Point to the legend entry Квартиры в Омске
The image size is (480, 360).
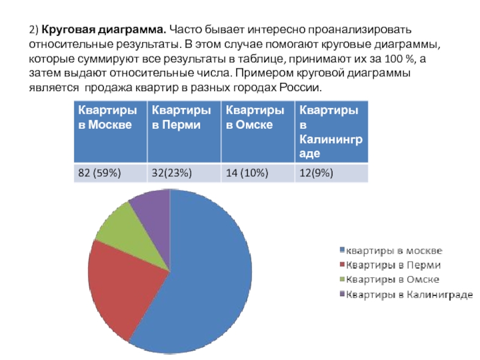[394, 280]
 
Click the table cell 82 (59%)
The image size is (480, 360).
[99, 173]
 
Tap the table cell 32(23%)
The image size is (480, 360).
[172, 173]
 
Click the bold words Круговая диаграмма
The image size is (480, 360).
[104, 29]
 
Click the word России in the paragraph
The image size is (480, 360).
[301, 88]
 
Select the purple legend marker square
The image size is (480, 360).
[343, 295]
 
